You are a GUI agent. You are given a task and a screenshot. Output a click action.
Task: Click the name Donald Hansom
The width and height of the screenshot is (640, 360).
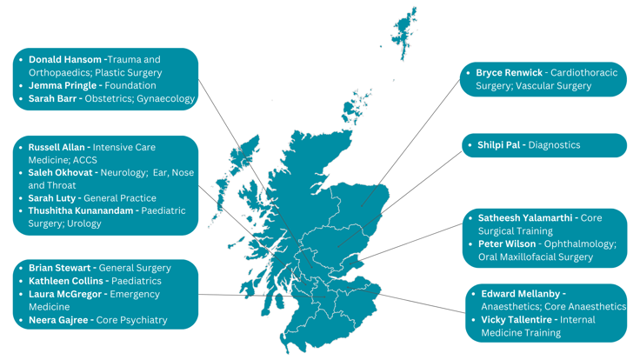pyautogui.click(x=65, y=60)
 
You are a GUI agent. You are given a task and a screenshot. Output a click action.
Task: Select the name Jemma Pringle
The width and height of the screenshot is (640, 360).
pyautogui.click(x=63, y=85)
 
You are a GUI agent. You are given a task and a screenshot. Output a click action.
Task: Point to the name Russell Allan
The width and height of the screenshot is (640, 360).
pyautogui.click(x=57, y=147)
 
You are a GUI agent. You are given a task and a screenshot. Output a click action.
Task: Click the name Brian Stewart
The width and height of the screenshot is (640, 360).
pyautogui.click(x=61, y=268)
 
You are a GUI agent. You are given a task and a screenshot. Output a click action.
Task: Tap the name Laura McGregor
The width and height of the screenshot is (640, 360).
pyautogui.click(x=66, y=294)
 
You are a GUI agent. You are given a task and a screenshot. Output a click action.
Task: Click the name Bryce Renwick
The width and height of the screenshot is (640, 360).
pyautogui.click(x=509, y=72)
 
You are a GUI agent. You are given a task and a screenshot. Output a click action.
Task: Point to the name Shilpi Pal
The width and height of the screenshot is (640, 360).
pyautogui.click(x=499, y=145)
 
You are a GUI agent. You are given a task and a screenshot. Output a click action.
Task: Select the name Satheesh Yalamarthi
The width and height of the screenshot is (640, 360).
pyautogui.click(x=524, y=218)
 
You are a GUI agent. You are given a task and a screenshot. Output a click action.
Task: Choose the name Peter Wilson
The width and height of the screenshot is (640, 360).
pyautogui.click(x=506, y=243)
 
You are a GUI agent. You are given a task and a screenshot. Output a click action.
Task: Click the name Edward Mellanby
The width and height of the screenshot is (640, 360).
pyautogui.click(x=521, y=294)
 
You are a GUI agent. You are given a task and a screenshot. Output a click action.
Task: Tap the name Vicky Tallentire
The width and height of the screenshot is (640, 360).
pyautogui.click(x=518, y=319)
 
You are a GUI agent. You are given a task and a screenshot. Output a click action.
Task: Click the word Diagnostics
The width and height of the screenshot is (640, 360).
pyautogui.click(x=554, y=145)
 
